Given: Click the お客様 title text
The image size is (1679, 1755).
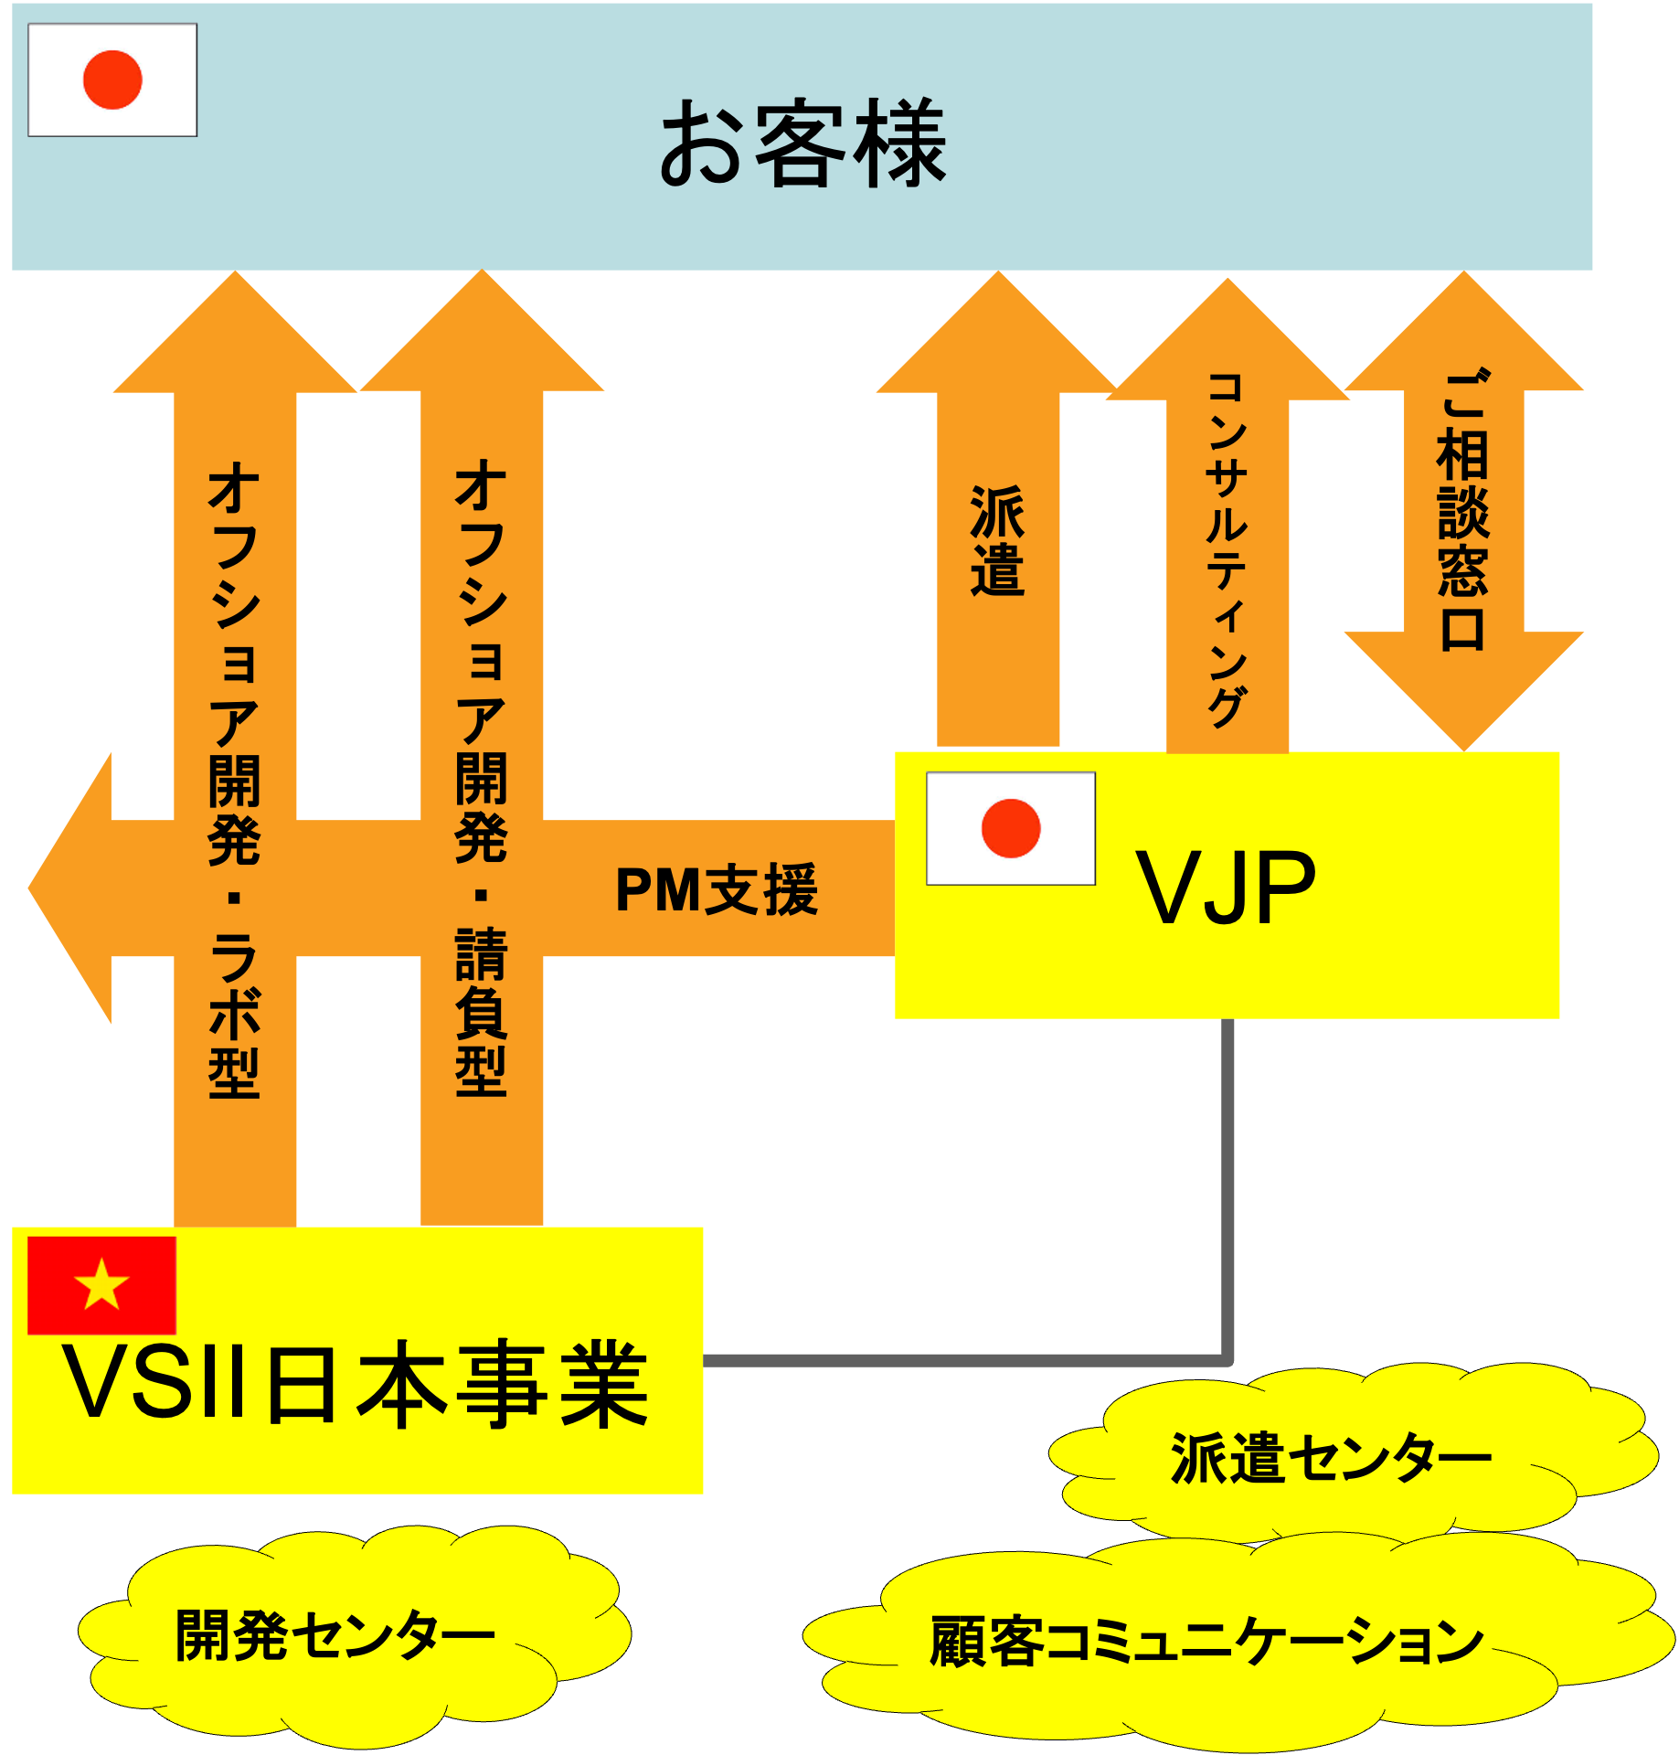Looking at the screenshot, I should click(802, 144).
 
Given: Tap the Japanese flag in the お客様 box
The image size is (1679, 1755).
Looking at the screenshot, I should click(112, 80).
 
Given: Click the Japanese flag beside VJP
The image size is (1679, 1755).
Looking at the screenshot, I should click(1010, 828).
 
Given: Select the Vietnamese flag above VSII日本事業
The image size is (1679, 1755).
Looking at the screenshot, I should click(101, 1285).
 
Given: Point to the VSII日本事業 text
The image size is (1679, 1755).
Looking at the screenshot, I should click(355, 1384).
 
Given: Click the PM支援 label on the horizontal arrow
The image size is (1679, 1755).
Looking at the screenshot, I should click(717, 889).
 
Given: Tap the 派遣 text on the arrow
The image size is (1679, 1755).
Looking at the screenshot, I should click(997, 541).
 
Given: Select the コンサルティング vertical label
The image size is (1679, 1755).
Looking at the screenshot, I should click(1227, 548).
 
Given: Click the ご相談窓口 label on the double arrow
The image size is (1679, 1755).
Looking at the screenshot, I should click(1463, 512).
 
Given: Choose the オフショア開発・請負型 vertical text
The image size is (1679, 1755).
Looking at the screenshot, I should click(482, 777).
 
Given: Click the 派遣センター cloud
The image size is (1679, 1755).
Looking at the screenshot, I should click(1330, 1457).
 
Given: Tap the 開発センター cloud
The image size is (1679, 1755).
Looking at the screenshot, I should click(335, 1635).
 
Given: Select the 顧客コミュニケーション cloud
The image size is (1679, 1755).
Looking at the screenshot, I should click(1206, 1641).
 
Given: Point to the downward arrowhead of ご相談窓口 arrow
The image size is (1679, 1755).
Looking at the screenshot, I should click(1463, 695).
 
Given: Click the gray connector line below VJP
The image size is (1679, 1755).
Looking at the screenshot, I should click(1227, 1188).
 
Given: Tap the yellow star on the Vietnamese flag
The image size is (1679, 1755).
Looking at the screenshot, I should click(101, 1283).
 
